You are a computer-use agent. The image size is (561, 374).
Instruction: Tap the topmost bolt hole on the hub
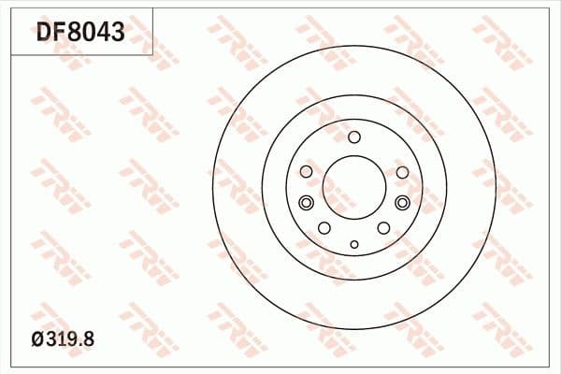tap(353, 137)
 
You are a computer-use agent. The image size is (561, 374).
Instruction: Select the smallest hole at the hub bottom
tap(353, 244)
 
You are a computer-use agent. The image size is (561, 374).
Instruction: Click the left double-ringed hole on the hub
tap(305, 203)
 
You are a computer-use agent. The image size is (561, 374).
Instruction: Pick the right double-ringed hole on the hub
tap(402, 203)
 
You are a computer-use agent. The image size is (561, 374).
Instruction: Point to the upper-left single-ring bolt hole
tap(306, 172)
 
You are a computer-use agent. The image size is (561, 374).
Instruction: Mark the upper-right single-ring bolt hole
tap(402, 172)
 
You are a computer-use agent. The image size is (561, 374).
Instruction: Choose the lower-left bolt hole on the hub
tap(324, 228)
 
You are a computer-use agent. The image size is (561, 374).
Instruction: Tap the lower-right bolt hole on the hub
tap(383, 228)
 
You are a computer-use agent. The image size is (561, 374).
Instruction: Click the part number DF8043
tap(80, 34)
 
